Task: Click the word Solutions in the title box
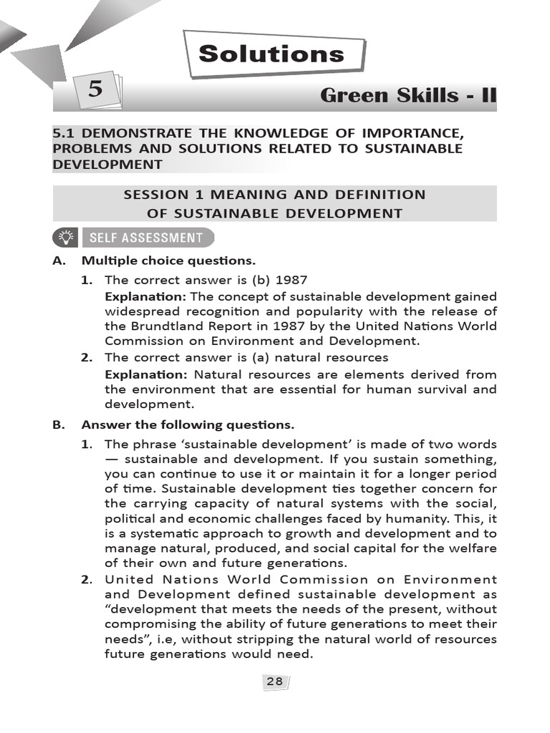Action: [x=271, y=54]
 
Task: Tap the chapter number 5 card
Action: [x=95, y=91]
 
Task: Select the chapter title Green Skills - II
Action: [x=407, y=95]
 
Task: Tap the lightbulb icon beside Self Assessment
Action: [x=65, y=238]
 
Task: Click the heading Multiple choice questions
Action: [x=168, y=261]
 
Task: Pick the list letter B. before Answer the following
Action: [x=59, y=424]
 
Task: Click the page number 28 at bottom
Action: [x=274, y=682]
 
